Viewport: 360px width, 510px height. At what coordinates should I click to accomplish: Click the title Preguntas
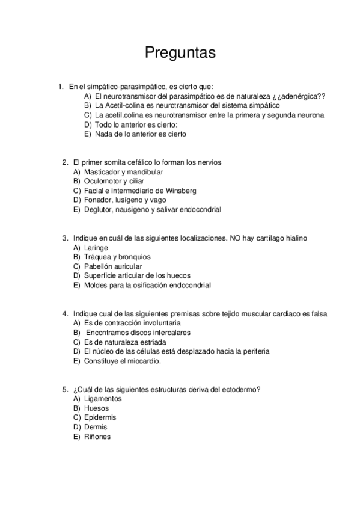(180, 53)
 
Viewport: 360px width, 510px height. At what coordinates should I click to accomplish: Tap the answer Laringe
(96, 247)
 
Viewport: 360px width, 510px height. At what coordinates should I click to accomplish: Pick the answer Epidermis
(100, 417)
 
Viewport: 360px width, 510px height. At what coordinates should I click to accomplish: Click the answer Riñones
(97, 437)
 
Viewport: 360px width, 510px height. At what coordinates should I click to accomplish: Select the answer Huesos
(97, 408)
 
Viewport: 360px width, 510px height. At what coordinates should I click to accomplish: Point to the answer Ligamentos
(103, 398)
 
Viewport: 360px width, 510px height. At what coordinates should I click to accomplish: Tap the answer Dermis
(96, 427)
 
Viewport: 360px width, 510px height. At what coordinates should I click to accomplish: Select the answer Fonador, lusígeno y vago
(125, 200)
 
